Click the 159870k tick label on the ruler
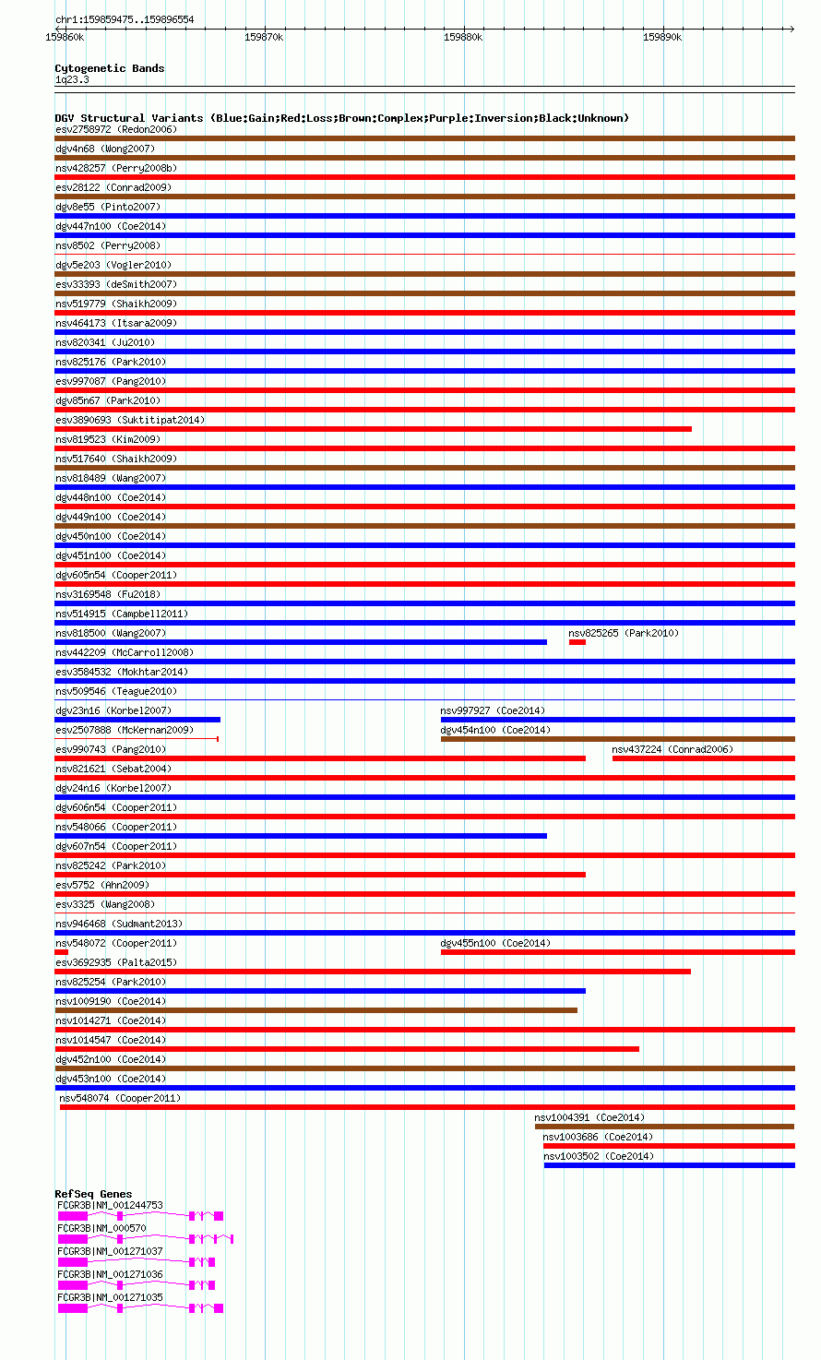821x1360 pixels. pyautogui.click(x=264, y=37)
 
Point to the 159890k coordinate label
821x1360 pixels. pyautogui.click(x=662, y=37)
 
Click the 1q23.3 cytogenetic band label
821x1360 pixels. pyautogui.click(x=72, y=79)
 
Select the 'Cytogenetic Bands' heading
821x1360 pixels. pyautogui.click(x=109, y=68)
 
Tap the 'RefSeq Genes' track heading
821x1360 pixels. pyautogui.click(x=93, y=1194)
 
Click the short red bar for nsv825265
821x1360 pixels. pyautogui.click(x=577, y=642)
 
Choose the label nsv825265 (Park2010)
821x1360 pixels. pyautogui.click(x=624, y=633)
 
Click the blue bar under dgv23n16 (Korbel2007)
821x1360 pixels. pyautogui.click(x=137, y=720)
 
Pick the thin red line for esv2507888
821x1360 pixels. pyautogui.click(x=137, y=739)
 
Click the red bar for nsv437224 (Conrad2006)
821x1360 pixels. pyautogui.click(x=703, y=758)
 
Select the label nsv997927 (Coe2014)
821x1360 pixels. pyautogui.click(x=493, y=710)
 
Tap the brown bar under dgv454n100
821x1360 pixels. pyautogui.click(x=617, y=739)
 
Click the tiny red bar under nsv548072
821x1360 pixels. pyautogui.click(x=62, y=952)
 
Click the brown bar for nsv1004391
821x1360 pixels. pyautogui.click(x=664, y=1127)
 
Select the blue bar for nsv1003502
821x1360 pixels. pyautogui.click(x=669, y=1165)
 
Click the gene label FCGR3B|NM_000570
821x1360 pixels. pyautogui.click(x=101, y=1228)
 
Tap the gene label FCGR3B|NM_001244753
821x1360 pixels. pyautogui.click(x=110, y=1205)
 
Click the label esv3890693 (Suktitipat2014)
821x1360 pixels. pyautogui.click(x=130, y=420)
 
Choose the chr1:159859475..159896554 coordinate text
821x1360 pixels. pyautogui.click(x=125, y=19)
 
